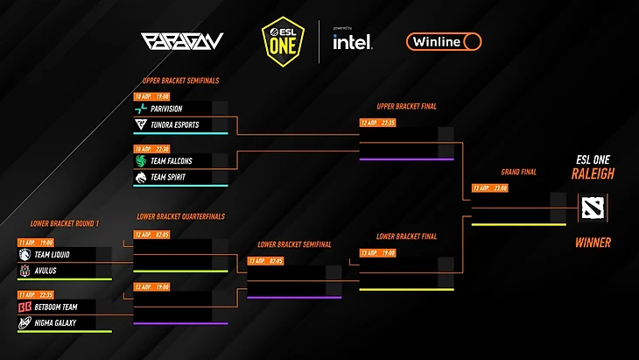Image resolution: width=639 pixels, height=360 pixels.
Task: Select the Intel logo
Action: (352, 40)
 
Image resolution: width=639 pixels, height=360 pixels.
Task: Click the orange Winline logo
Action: (444, 41)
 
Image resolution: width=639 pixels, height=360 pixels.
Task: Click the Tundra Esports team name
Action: (174, 125)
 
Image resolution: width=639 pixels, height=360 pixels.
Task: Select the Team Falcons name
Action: (171, 161)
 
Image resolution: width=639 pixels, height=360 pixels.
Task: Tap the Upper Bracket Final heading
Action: (406, 106)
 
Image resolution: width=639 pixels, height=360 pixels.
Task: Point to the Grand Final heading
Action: (518, 172)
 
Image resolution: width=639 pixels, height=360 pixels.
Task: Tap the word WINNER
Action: (593, 243)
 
